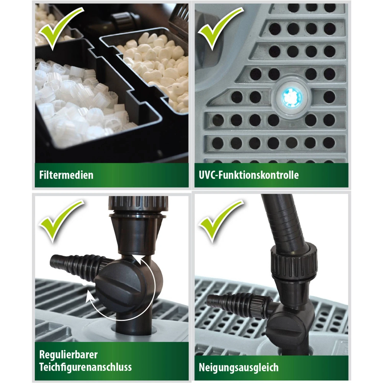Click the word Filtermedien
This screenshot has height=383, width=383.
(x=66, y=175)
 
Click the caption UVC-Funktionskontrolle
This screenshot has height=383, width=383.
(x=249, y=175)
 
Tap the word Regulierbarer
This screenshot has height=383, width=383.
(x=68, y=355)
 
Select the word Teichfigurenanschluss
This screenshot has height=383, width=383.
(x=86, y=367)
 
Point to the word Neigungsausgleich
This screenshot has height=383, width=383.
(x=239, y=367)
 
